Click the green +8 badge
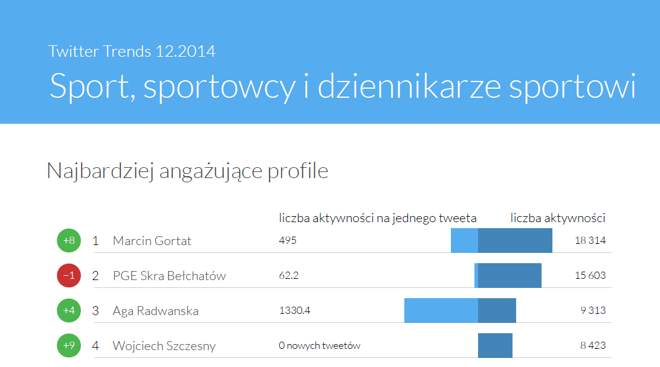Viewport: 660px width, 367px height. pyautogui.click(x=69, y=241)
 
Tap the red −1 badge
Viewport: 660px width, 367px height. pyautogui.click(x=69, y=276)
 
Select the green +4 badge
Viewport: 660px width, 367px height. pyautogui.click(x=69, y=311)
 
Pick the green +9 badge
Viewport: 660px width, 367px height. pyautogui.click(x=69, y=346)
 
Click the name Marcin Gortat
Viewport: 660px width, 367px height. pyautogui.click(x=152, y=241)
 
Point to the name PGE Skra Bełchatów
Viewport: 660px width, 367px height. pyautogui.click(x=169, y=276)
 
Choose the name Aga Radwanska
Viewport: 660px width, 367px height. pyautogui.click(x=155, y=311)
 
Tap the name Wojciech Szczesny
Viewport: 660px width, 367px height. pyautogui.click(x=164, y=346)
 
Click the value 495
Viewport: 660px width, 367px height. pyautogui.click(x=288, y=241)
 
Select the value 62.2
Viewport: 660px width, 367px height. pyautogui.click(x=289, y=276)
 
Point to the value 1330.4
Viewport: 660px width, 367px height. pyautogui.click(x=294, y=311)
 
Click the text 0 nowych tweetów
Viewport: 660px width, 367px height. pyautogui.click(x=320, y=346)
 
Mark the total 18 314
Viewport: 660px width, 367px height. pyautogui.click(x=590, y=241)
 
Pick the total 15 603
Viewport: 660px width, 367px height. pyautogui.click(x=590, y=276)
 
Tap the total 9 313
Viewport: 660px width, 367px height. pyautogui.click(x=592, y=311)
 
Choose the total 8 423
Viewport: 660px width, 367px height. pyautogui.click(x=592, y=346)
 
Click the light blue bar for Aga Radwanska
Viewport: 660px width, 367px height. pyautogui.click(x=441, y=310)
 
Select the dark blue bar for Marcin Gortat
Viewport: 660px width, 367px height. pyautogui.click(x=515, y=240)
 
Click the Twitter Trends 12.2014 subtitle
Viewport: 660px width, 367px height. pyautogui.click(x=132, y=51)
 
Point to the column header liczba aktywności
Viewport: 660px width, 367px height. pyautogui.click(x=558, y=218)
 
